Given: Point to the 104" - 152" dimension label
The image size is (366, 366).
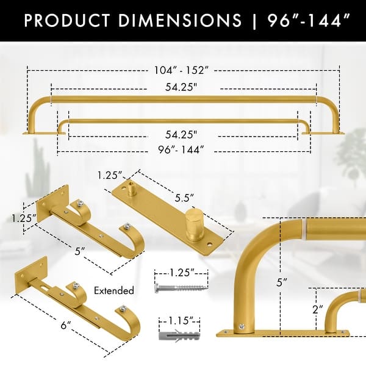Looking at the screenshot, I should point(182,70).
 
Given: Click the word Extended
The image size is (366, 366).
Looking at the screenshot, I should point(115,290).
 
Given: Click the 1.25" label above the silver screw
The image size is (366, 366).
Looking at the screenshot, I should point(178,271).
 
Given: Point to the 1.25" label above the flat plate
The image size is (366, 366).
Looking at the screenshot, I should point(108,176).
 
